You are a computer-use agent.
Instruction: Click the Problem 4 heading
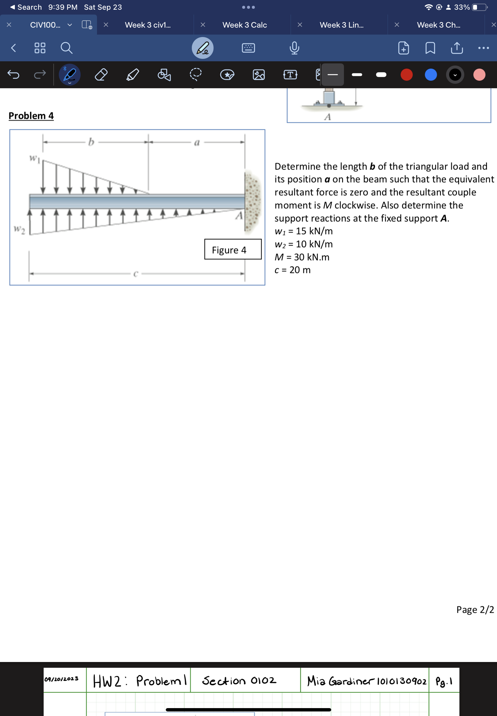tap(31, 116)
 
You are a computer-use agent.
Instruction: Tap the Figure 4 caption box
tap(233, 250)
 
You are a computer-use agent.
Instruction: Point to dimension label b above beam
tap(91, 142)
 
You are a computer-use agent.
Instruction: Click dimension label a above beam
tap(196, 143)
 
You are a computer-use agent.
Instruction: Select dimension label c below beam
tap(135, 274)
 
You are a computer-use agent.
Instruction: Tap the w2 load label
tap(19, 230)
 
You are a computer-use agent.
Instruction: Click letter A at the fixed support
tap(239, 215)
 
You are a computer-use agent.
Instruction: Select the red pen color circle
tap(406, 75)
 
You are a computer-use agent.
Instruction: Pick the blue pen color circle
tap(430, 75)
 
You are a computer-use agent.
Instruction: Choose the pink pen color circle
tap(479, 75)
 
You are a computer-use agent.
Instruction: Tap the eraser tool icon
tap(101, 75)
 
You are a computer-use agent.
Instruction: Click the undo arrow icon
tap(13, 75)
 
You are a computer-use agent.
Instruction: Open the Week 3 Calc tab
tap(245, 25)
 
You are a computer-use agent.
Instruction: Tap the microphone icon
tap(294, 48)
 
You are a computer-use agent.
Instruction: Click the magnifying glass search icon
tap(66, 48)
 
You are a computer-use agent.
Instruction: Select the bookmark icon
tap(430, 48)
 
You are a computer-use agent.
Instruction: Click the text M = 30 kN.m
tap(302, 257)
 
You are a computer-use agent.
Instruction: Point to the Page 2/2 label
tap(475, 610)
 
